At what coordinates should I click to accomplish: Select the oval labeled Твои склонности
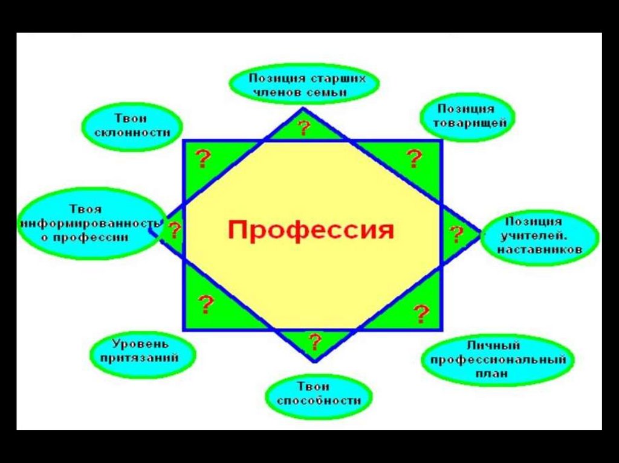coord(131,126)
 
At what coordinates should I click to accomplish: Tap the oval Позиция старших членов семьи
coord(304,85)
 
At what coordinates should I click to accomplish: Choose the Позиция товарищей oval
coord(467,116)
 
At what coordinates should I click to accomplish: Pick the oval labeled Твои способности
coord(319,395)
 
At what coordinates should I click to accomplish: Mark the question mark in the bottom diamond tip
coord(314,342)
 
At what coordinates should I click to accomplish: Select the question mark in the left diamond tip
coord(174,230)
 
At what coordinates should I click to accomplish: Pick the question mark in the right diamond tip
coord(456,234)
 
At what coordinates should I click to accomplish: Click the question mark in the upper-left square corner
coord(204,159)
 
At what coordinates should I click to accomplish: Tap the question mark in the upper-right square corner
coord(414,159)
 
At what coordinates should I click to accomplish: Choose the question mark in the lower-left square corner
coord(206,305)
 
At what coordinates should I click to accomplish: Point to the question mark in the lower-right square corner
coord(421,314)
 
